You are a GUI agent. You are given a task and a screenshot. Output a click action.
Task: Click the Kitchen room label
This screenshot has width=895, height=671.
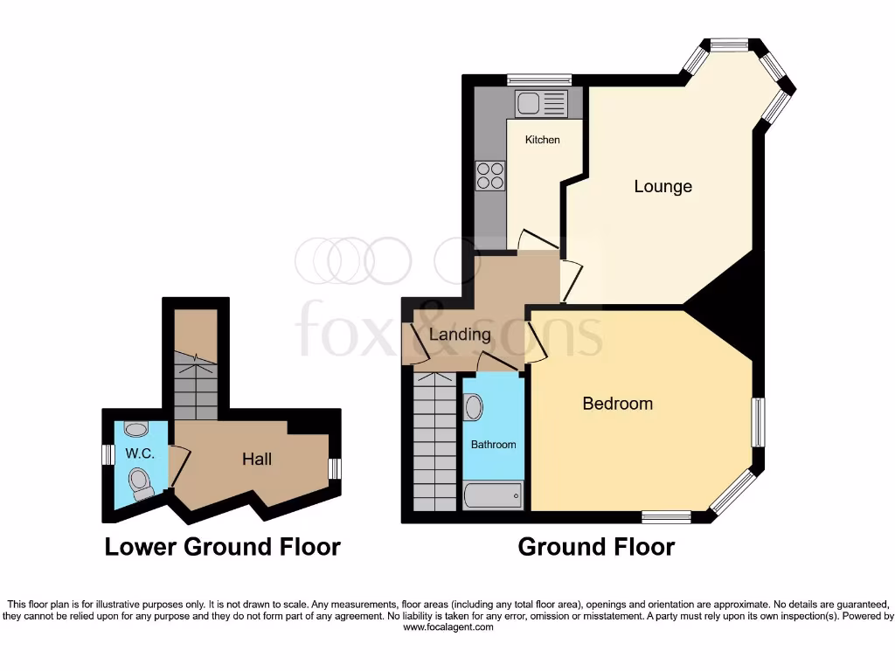(x=542, y=140)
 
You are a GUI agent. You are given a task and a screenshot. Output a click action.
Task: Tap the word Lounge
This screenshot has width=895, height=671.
(x=663, y=186)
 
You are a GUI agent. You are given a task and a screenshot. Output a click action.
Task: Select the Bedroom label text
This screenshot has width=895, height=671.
(x=617, y=404)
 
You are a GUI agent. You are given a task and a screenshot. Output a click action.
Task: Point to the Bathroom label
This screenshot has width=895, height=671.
(x=493, y=445)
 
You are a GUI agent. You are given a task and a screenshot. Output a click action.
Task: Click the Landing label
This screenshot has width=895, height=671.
(x=460, y=334)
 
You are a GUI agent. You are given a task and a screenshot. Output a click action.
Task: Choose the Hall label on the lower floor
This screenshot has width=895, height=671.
(x=257, y=459)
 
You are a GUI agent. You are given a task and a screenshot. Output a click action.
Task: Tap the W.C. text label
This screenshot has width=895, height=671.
(x=139, y=453)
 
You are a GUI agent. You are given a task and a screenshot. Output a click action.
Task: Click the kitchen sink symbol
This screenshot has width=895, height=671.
(x=541, y=104)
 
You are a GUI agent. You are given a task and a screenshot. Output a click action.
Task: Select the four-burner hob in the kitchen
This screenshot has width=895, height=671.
(x=490, y=176)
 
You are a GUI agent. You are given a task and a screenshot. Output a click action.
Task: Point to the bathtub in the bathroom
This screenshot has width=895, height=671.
(x=493, y=495)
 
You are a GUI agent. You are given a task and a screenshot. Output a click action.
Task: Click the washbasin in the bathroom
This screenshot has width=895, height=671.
(x=473, y=407)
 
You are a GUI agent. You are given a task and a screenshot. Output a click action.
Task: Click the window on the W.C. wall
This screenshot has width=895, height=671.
(x=107, y=455)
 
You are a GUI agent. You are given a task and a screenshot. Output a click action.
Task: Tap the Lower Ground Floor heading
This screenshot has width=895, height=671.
(x=222, y=547)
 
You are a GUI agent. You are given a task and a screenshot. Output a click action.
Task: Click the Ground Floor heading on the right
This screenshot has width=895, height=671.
(x=596, y=547)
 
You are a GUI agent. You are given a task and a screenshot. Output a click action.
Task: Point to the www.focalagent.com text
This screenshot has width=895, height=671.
(x=447, y=627)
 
